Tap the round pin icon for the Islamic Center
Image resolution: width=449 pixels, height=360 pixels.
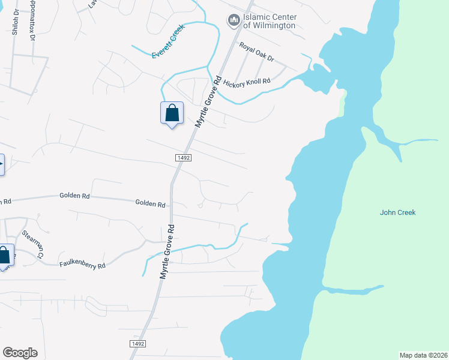coord(233,21)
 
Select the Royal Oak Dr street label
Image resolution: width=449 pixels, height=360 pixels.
coord(256,52)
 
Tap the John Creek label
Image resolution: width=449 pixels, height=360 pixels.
coord(397,212)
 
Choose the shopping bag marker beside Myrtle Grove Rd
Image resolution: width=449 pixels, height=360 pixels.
coord(172,113)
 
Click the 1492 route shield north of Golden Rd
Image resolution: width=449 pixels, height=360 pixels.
coord(184,157)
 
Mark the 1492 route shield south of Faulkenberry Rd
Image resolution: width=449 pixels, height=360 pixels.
coord(137,343)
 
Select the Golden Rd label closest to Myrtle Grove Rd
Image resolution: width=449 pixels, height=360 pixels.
coord(150,204)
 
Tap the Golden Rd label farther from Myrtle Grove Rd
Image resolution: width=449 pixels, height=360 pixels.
coord(74,196)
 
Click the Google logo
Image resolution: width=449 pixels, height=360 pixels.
coord(20,353)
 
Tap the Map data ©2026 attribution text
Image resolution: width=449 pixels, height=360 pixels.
coord(423,355)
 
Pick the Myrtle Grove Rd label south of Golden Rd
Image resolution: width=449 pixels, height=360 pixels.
coord(167,251)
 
